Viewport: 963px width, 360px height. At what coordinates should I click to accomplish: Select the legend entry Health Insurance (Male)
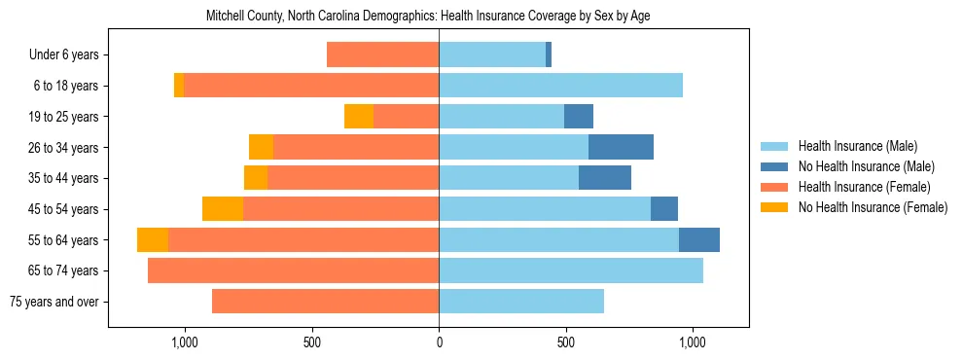pyautogui.click(x=857, y=146)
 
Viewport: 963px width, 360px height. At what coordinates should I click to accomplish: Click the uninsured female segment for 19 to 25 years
pyautogui.click(x=359, y=117)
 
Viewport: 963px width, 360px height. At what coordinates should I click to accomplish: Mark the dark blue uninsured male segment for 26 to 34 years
pyautogui.click(x=621, y=147)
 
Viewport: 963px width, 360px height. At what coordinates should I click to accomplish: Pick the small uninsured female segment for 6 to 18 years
pyautogui.click(x=179, y=86)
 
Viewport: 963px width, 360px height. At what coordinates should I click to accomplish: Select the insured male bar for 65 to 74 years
pyautogui.click(x=571, y=270)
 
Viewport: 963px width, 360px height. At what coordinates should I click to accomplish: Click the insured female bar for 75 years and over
pyautogui.click(x=325, y=302)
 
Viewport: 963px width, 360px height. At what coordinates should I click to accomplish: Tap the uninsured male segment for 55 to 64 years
pyautogui.click(x=699, y=239)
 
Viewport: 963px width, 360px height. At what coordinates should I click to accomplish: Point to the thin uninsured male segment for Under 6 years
pyautogui.click(x=549, y=55)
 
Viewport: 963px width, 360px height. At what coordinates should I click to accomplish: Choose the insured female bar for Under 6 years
pyautogui.click(x=382, y=55)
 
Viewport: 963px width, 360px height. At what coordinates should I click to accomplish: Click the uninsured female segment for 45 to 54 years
pyautogui.click(x=223, y=209)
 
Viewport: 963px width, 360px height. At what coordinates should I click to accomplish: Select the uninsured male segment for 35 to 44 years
pyautogui.click(x=605, y=178)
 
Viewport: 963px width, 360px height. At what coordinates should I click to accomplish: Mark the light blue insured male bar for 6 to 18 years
pyautogui.click(x=560, y=86)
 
